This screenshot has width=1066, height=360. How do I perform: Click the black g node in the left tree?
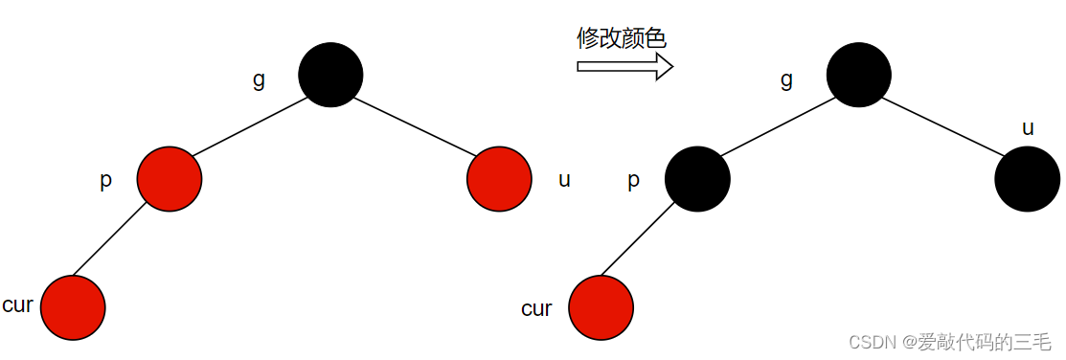330,75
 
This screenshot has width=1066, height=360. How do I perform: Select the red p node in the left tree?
170,178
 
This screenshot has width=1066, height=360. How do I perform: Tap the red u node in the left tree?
499,178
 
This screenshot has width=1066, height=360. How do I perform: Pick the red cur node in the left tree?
73,307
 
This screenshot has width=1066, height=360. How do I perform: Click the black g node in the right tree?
859,75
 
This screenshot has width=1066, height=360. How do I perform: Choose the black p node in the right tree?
697,179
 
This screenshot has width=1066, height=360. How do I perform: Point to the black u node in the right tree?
1027,179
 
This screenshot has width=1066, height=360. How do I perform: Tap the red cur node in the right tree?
601,308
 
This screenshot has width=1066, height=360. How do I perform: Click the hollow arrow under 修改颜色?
624,66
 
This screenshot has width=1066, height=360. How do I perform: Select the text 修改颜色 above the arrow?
621,37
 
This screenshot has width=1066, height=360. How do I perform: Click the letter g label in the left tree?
259,79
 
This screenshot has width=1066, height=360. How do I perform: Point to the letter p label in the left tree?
105,181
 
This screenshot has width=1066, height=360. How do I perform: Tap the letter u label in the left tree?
564,179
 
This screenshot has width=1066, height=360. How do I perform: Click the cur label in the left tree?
18,305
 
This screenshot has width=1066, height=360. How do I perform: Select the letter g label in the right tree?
786,79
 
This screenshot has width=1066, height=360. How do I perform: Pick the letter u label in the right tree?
1028,127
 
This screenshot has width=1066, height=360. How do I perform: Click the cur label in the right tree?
536,308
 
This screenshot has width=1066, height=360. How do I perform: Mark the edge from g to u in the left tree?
415,126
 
